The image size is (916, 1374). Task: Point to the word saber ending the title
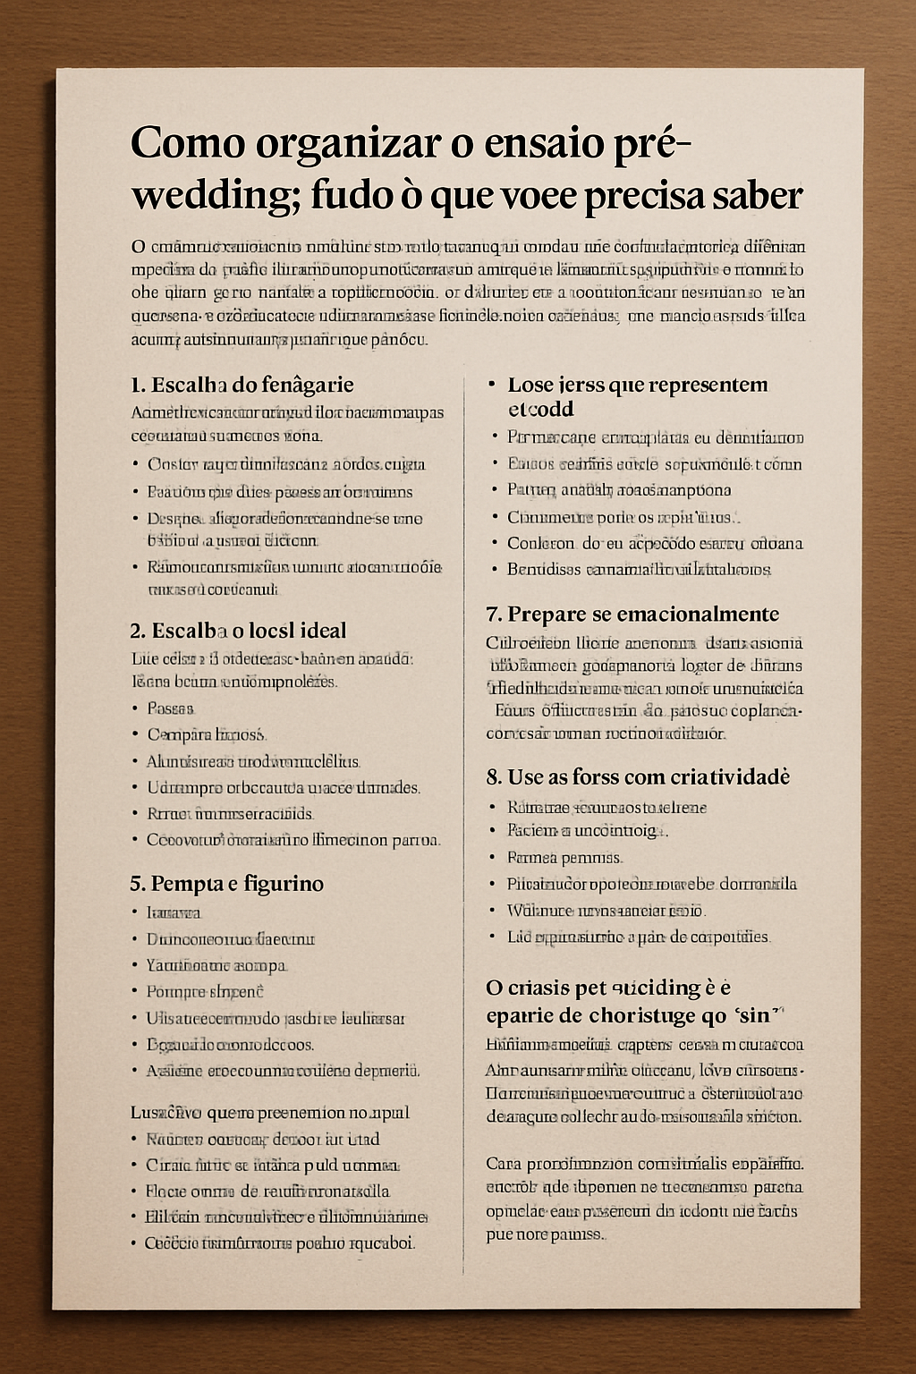[759, 195]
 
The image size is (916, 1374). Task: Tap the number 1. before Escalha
[138, 386]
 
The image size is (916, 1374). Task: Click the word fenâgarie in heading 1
[308, 386]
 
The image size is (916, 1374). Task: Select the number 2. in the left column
[138, 631]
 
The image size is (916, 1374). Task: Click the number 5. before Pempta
[138, 884]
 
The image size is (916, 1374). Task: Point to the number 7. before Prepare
[494, 615]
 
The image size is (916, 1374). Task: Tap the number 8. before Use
[494, 776]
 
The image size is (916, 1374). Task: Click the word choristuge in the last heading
[642, 1016]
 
